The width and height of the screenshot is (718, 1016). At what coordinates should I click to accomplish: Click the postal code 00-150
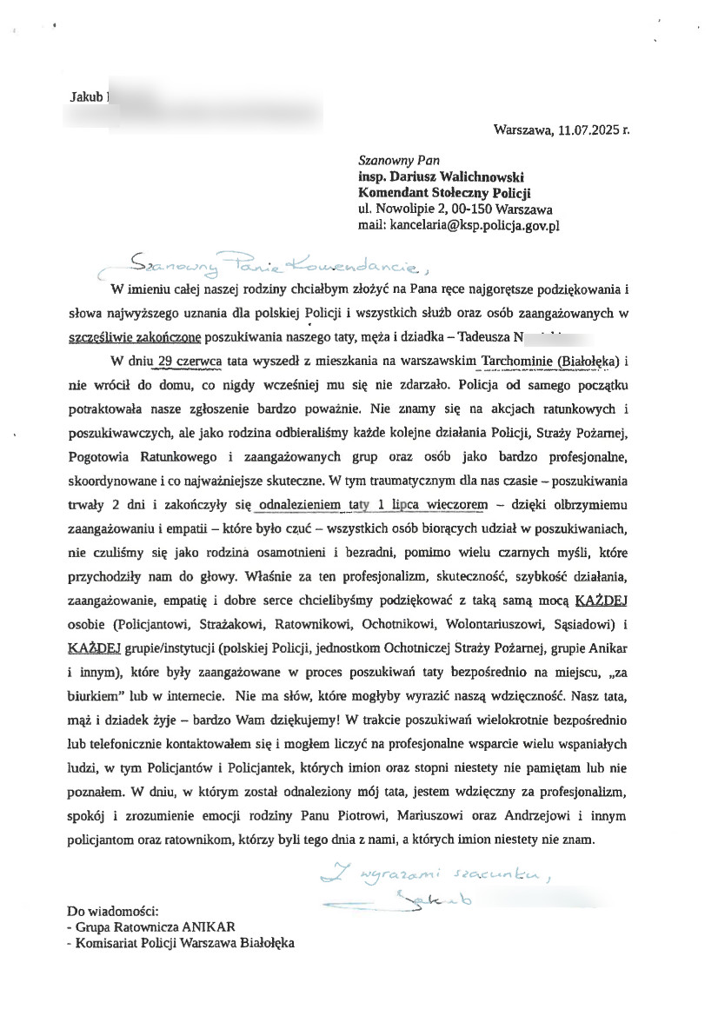point(469,209)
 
